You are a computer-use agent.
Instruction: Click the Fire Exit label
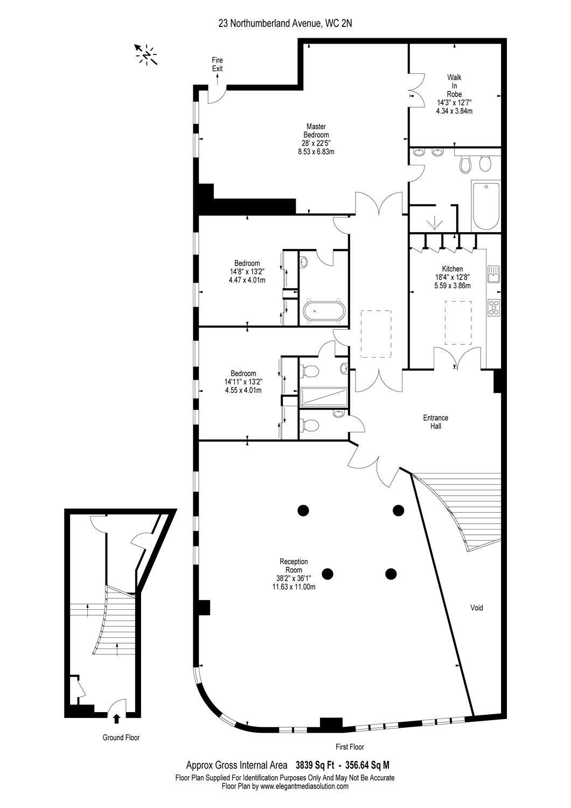[x=217, y=64]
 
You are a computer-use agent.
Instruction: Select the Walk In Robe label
[x=454, y=86]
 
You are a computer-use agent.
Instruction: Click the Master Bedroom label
[x=316, y=130]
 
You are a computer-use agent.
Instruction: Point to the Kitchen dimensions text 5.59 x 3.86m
[x=452, y=285]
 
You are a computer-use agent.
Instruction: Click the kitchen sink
[x=493, y=274]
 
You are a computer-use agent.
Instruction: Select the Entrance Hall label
[x=435, y=422]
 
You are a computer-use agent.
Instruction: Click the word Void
[x=477, y=608]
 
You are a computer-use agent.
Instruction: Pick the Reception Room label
[x=294, y=566]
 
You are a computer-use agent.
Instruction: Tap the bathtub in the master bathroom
[x=486, y=206]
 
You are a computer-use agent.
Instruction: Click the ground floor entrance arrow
[x=116, y=719]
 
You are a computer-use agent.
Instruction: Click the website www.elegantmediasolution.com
[x=305, y=786]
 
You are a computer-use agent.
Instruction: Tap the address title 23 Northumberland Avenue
[x=269, y=24]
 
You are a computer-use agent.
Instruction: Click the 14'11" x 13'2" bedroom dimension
[x=243, y=382]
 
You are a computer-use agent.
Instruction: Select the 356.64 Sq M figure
[x=367, y=765]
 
